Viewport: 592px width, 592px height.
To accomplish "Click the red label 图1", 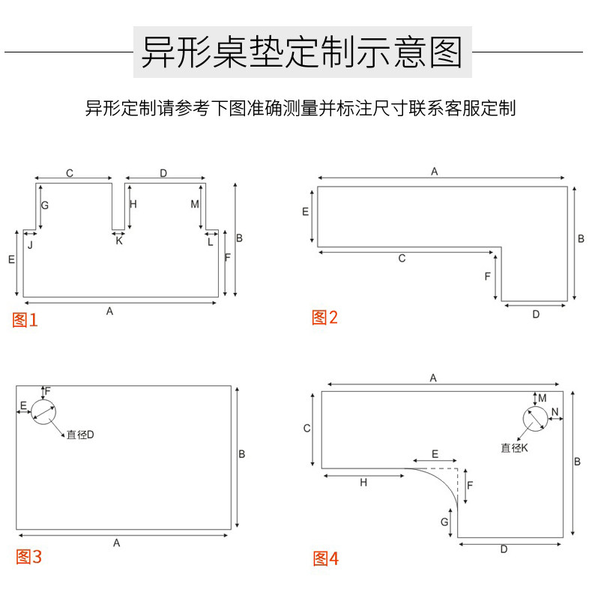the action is pyautogui.click(x=25, y=321).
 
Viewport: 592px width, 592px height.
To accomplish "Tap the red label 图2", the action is pyautogui.click(x=324, y=318).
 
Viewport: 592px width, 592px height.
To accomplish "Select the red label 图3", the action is pyautogui.click(x=28, y=558).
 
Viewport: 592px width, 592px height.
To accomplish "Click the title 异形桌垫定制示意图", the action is pyautogui.click(x=302, y=52).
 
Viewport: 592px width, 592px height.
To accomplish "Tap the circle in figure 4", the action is pyautogui.click(x=535, y=420).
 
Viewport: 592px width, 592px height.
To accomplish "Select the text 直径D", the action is pyautogui.click(x=80, y=435).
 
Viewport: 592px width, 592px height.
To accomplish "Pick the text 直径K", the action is pyautogui.click(x=515, y=448).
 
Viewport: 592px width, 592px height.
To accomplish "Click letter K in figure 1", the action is pyautogui.click(x=118, y=241).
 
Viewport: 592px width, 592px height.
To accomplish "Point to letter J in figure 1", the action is pyautogui.click(x=30, y=244).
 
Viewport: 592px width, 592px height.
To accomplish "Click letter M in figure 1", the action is pyautogui.click(x=195, y=205).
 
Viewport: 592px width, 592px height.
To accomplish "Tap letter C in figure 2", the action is pyautogui.click(x=402, y=259).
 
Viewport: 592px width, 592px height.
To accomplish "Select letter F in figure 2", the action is pyautogui.click(x=487, y=277).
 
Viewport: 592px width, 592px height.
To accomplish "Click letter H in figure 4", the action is pyautogui.click(x=363, y=483).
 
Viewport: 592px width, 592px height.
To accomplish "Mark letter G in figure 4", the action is pyautogui.click(x=444, y=522).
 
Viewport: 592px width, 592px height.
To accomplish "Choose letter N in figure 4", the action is pyautogui.click(x=555, y=412).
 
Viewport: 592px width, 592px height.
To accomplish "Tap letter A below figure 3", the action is pyautogui.click(x=117, y=543).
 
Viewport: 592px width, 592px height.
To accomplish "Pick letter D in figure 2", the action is pyautogui.click(x=536, y=315).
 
